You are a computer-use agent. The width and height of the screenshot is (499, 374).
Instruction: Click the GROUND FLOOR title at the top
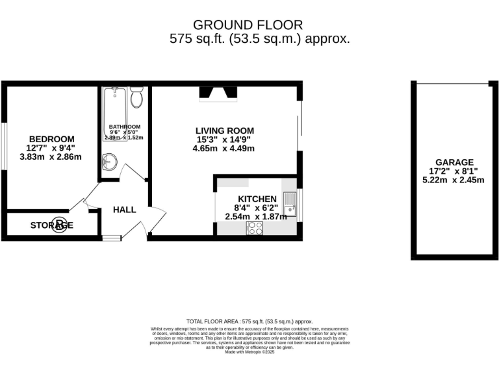(x=249, y=25)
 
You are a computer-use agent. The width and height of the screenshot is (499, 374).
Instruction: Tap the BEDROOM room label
(x=51, y=139)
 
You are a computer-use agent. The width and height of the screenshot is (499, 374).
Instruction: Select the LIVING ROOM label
(x=224, y=130)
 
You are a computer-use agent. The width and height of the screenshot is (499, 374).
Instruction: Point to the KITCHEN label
(x=257, y=199)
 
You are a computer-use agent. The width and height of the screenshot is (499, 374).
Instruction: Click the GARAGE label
(x=454, y=162)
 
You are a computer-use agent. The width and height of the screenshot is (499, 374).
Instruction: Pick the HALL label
(x=124, y=210)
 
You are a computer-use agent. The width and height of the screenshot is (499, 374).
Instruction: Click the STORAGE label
(x=51, y=225)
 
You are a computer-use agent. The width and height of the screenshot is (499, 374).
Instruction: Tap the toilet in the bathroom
(x=136, y=97)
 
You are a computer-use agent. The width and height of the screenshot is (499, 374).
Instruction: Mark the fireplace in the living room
(x=216, y=95)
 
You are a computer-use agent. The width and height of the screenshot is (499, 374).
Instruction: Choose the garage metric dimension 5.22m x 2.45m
(x=454, y=180)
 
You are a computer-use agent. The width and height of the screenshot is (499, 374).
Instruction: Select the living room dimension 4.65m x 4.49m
(x=224, y=148)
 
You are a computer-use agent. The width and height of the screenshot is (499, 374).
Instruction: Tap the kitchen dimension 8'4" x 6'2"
(x=256, y=208)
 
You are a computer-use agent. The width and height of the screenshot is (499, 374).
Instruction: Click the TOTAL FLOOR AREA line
(x=249, y=321)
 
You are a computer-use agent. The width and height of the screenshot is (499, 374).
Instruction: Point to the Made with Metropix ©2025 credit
(x=249, y=351)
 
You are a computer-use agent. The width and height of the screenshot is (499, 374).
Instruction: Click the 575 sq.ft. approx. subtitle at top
(x=259, y=38)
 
